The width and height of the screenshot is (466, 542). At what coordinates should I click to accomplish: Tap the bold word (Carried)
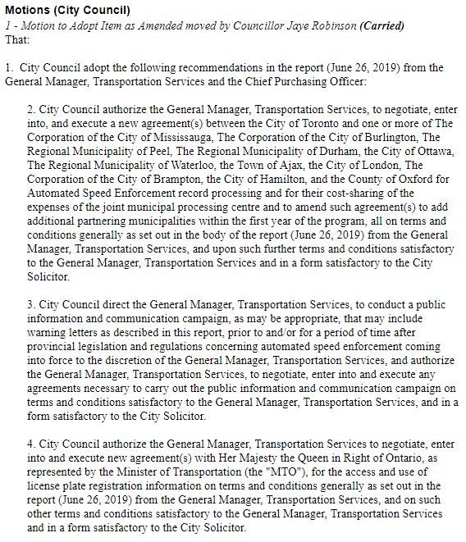point(381,25)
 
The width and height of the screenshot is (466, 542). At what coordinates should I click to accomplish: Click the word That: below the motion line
point(17,39)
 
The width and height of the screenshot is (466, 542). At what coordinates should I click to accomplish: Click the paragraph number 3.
point(30,304)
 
